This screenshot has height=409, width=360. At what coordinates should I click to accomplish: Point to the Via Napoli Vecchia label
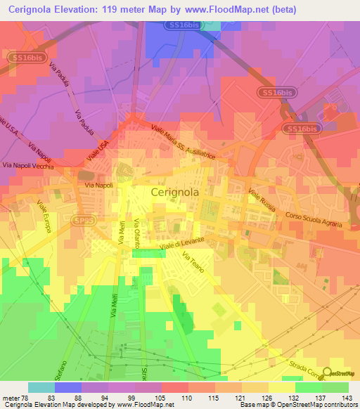[x=28, y=164]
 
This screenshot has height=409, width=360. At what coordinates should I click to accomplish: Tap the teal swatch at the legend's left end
[x=41, y=387]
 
